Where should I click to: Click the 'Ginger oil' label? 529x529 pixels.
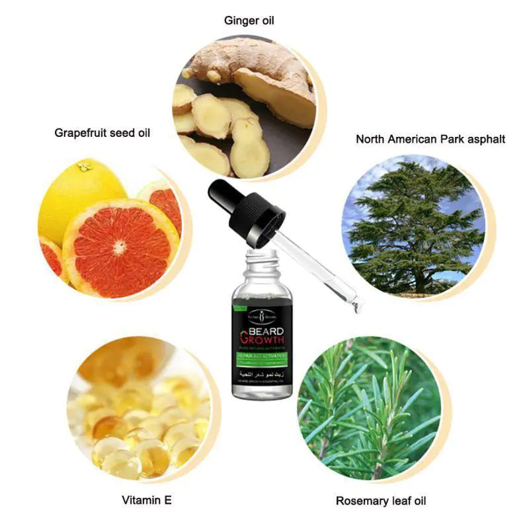[x=249, y=20]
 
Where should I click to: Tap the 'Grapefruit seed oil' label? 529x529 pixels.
[x=102, y=133]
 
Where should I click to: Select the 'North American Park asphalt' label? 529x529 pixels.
[x=430, y=139]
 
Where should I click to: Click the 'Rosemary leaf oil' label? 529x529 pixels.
[x=381, y=501]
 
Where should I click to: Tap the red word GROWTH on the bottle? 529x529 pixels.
[x=262, y=342]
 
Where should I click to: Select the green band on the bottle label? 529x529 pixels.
[x=261, y=360]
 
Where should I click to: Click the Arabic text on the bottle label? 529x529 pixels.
[x=262, y=376]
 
